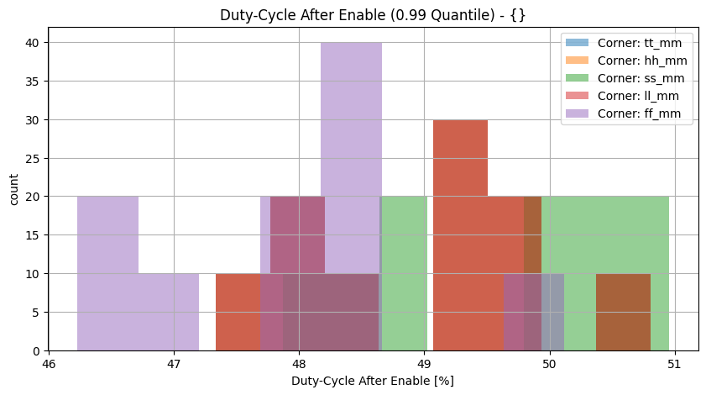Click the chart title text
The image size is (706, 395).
click(373, 15)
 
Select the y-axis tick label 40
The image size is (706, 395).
click(30, 43)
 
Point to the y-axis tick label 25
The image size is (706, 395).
click(30, 158)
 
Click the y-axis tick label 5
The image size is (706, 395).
click(34, 313)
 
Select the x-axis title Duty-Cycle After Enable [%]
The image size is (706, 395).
click(373, 382)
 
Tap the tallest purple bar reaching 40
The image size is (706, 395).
click(351, 126)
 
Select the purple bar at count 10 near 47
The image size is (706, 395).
click(168, 311)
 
